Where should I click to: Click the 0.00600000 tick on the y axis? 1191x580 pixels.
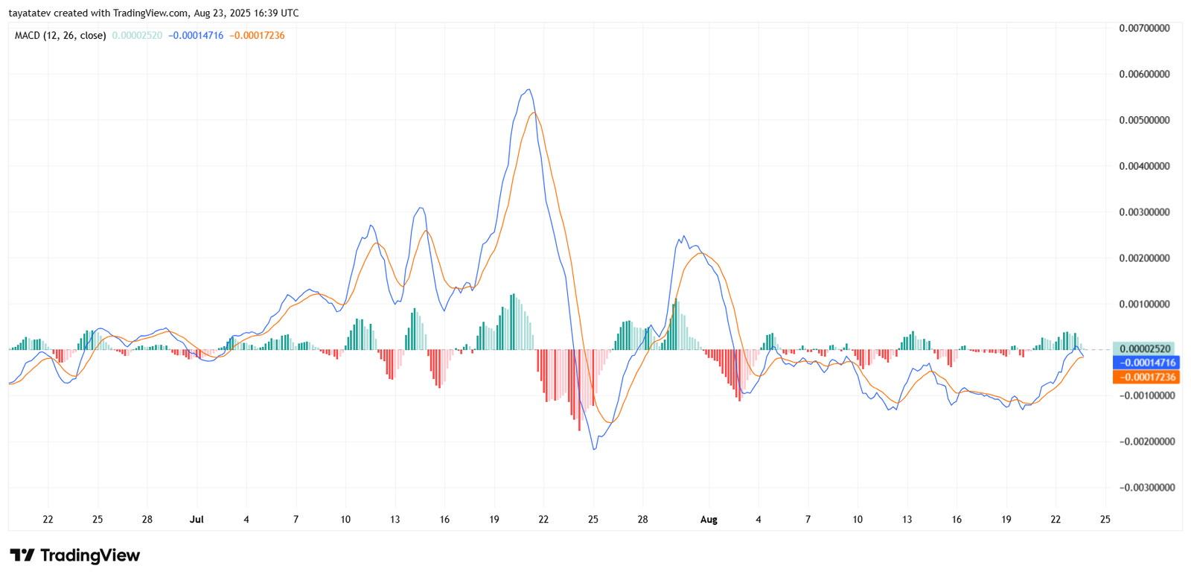pos(1144,74)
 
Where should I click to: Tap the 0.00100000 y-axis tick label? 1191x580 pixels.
pos(1144,304)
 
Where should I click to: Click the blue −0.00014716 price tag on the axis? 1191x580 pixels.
pos(1146,363)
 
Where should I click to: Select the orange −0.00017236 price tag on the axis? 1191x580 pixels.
pos(1146,377)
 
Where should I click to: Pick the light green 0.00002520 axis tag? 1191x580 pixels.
pos(1145,348)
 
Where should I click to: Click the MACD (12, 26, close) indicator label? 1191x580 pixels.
pos(60,36)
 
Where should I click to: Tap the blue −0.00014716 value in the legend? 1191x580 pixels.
pos(196,36)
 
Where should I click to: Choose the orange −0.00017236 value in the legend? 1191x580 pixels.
pos(257,36)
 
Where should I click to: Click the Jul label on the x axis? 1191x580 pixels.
pos(197,520)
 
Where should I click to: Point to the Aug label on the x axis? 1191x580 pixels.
pos(709,520)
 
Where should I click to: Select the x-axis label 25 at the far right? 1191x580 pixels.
pos(1105,520)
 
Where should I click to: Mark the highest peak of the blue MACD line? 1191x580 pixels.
pos(529,89)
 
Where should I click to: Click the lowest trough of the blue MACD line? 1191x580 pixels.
pos(593,449)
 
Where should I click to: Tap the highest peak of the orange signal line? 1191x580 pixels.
pos(534,112)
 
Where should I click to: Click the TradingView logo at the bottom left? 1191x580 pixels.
pos(74,555)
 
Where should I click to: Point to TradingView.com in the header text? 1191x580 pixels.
pos(150,13)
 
